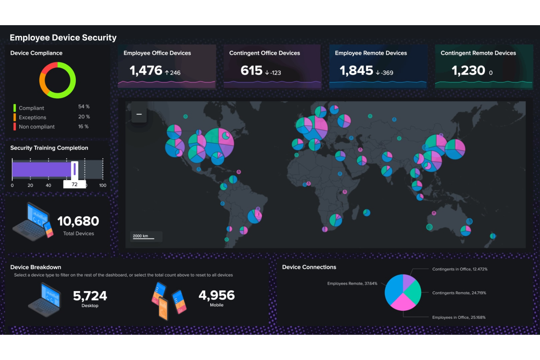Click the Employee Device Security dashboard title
(x=63, y=38)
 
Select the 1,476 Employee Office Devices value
(x=146, y=70)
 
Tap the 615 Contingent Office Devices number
(x=251, y=70)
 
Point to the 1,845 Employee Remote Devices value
(x=356, y=70)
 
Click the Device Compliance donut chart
(x=58, y=80)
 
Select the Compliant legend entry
(x=31, y=108)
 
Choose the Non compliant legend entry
(x=36, y=127)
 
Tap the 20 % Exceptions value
(x=84, y=117)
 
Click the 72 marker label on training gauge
(x=74, y=185)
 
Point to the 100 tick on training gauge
(x=103, y=185)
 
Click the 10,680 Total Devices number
(x=78, y=221)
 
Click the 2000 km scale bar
(x=143, y=236)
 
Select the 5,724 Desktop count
(x=90, y=296)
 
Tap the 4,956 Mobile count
(x=216, y=295)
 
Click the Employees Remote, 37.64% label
(x=352, y=283)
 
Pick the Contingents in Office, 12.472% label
(x=460, y=269)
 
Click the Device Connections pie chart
(x=403, y=293)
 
